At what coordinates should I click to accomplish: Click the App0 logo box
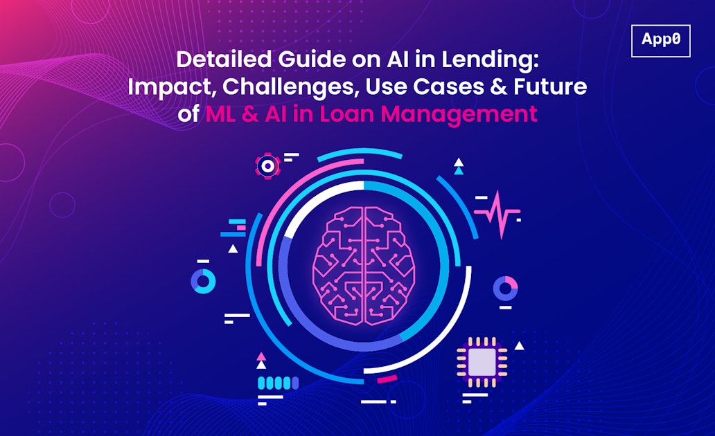click(x=661, y=40)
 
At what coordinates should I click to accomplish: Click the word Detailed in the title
click(x=217, y=60)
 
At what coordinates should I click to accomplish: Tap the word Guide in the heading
click(x=294, y=60)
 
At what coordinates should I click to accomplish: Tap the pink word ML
click(x=221, y=114)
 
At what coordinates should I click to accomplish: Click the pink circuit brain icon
click(x=364, y=266)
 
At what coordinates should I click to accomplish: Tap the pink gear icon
click(x=267, y=165)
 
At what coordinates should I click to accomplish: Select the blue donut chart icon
click(x=203, y=280)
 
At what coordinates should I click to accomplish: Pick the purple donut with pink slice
click(x=506, y=287)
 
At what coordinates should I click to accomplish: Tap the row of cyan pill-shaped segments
click(x=278, y=383)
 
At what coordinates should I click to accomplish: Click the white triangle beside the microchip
click(x=519, y=345)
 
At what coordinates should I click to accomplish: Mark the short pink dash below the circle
click(x=387, y=379)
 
